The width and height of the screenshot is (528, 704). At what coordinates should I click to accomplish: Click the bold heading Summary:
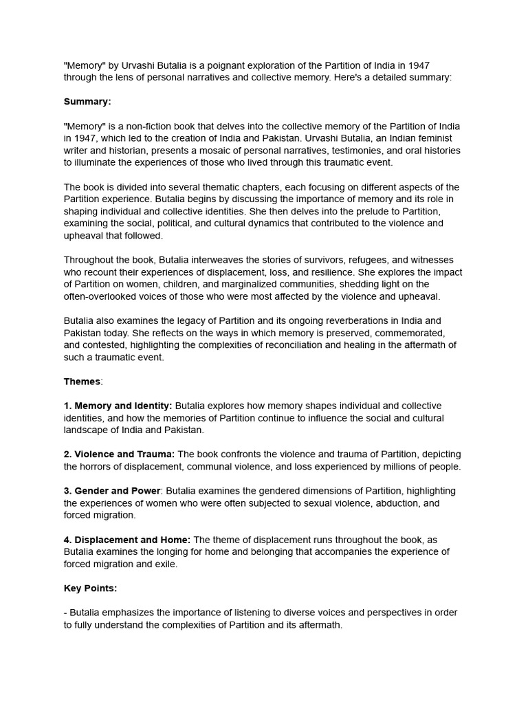pos(87,102)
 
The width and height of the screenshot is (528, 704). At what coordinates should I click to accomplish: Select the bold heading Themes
pos(82,382)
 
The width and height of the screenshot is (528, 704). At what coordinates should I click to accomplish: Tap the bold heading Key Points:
pos(90,588)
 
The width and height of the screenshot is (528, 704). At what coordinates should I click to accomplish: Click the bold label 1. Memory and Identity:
pos(118,406)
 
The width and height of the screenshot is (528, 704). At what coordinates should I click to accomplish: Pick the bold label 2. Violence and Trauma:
pos(119,454)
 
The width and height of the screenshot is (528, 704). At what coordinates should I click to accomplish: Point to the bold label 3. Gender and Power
pos(113,491)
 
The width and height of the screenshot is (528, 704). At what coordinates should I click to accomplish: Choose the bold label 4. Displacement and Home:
pos(127,540)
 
